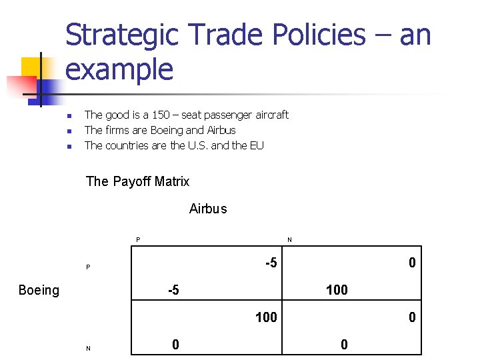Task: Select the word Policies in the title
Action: coord(311,35)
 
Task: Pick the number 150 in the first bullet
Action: coord(161,115)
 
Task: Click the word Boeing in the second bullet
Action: coord(167,130)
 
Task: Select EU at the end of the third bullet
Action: coord(257,145)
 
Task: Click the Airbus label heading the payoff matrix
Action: coord(208,209)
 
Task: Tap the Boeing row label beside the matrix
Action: coord(39,290)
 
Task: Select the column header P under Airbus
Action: coord(138,240)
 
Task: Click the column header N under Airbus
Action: coord(289,240)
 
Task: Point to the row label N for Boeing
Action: coord(88,348)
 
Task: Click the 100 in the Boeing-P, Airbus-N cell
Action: coord(337,290)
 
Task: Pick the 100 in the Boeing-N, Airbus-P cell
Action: coord(266,317)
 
